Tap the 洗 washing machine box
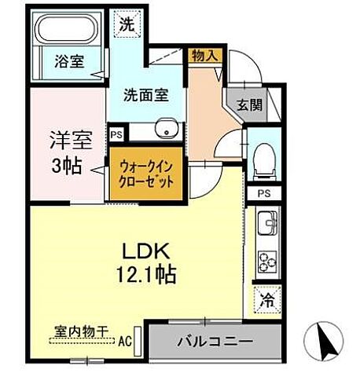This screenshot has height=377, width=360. tap(126, 24)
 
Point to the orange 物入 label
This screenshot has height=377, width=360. tap(203, 56)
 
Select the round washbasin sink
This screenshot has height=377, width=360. tap(165, 130)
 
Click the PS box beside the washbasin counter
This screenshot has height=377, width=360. tap(116, 134)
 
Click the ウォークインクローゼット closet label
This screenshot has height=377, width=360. tap(146, 174)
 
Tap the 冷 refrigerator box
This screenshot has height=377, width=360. tap(268, 299)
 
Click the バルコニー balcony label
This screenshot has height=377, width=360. tap(213, 342)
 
